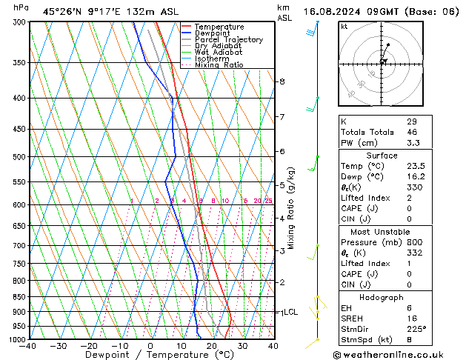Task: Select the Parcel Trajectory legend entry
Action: click(228, 40)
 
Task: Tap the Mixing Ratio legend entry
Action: click(219, 65)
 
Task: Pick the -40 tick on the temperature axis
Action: click(28, 347)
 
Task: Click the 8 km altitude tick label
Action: click(282, 81)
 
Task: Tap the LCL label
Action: click(290, 313)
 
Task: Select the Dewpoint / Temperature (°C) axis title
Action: click(150, 356)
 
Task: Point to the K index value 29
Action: click(411, 121)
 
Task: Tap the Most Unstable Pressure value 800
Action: click(414, 242)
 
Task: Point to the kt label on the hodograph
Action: click(344, 27)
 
